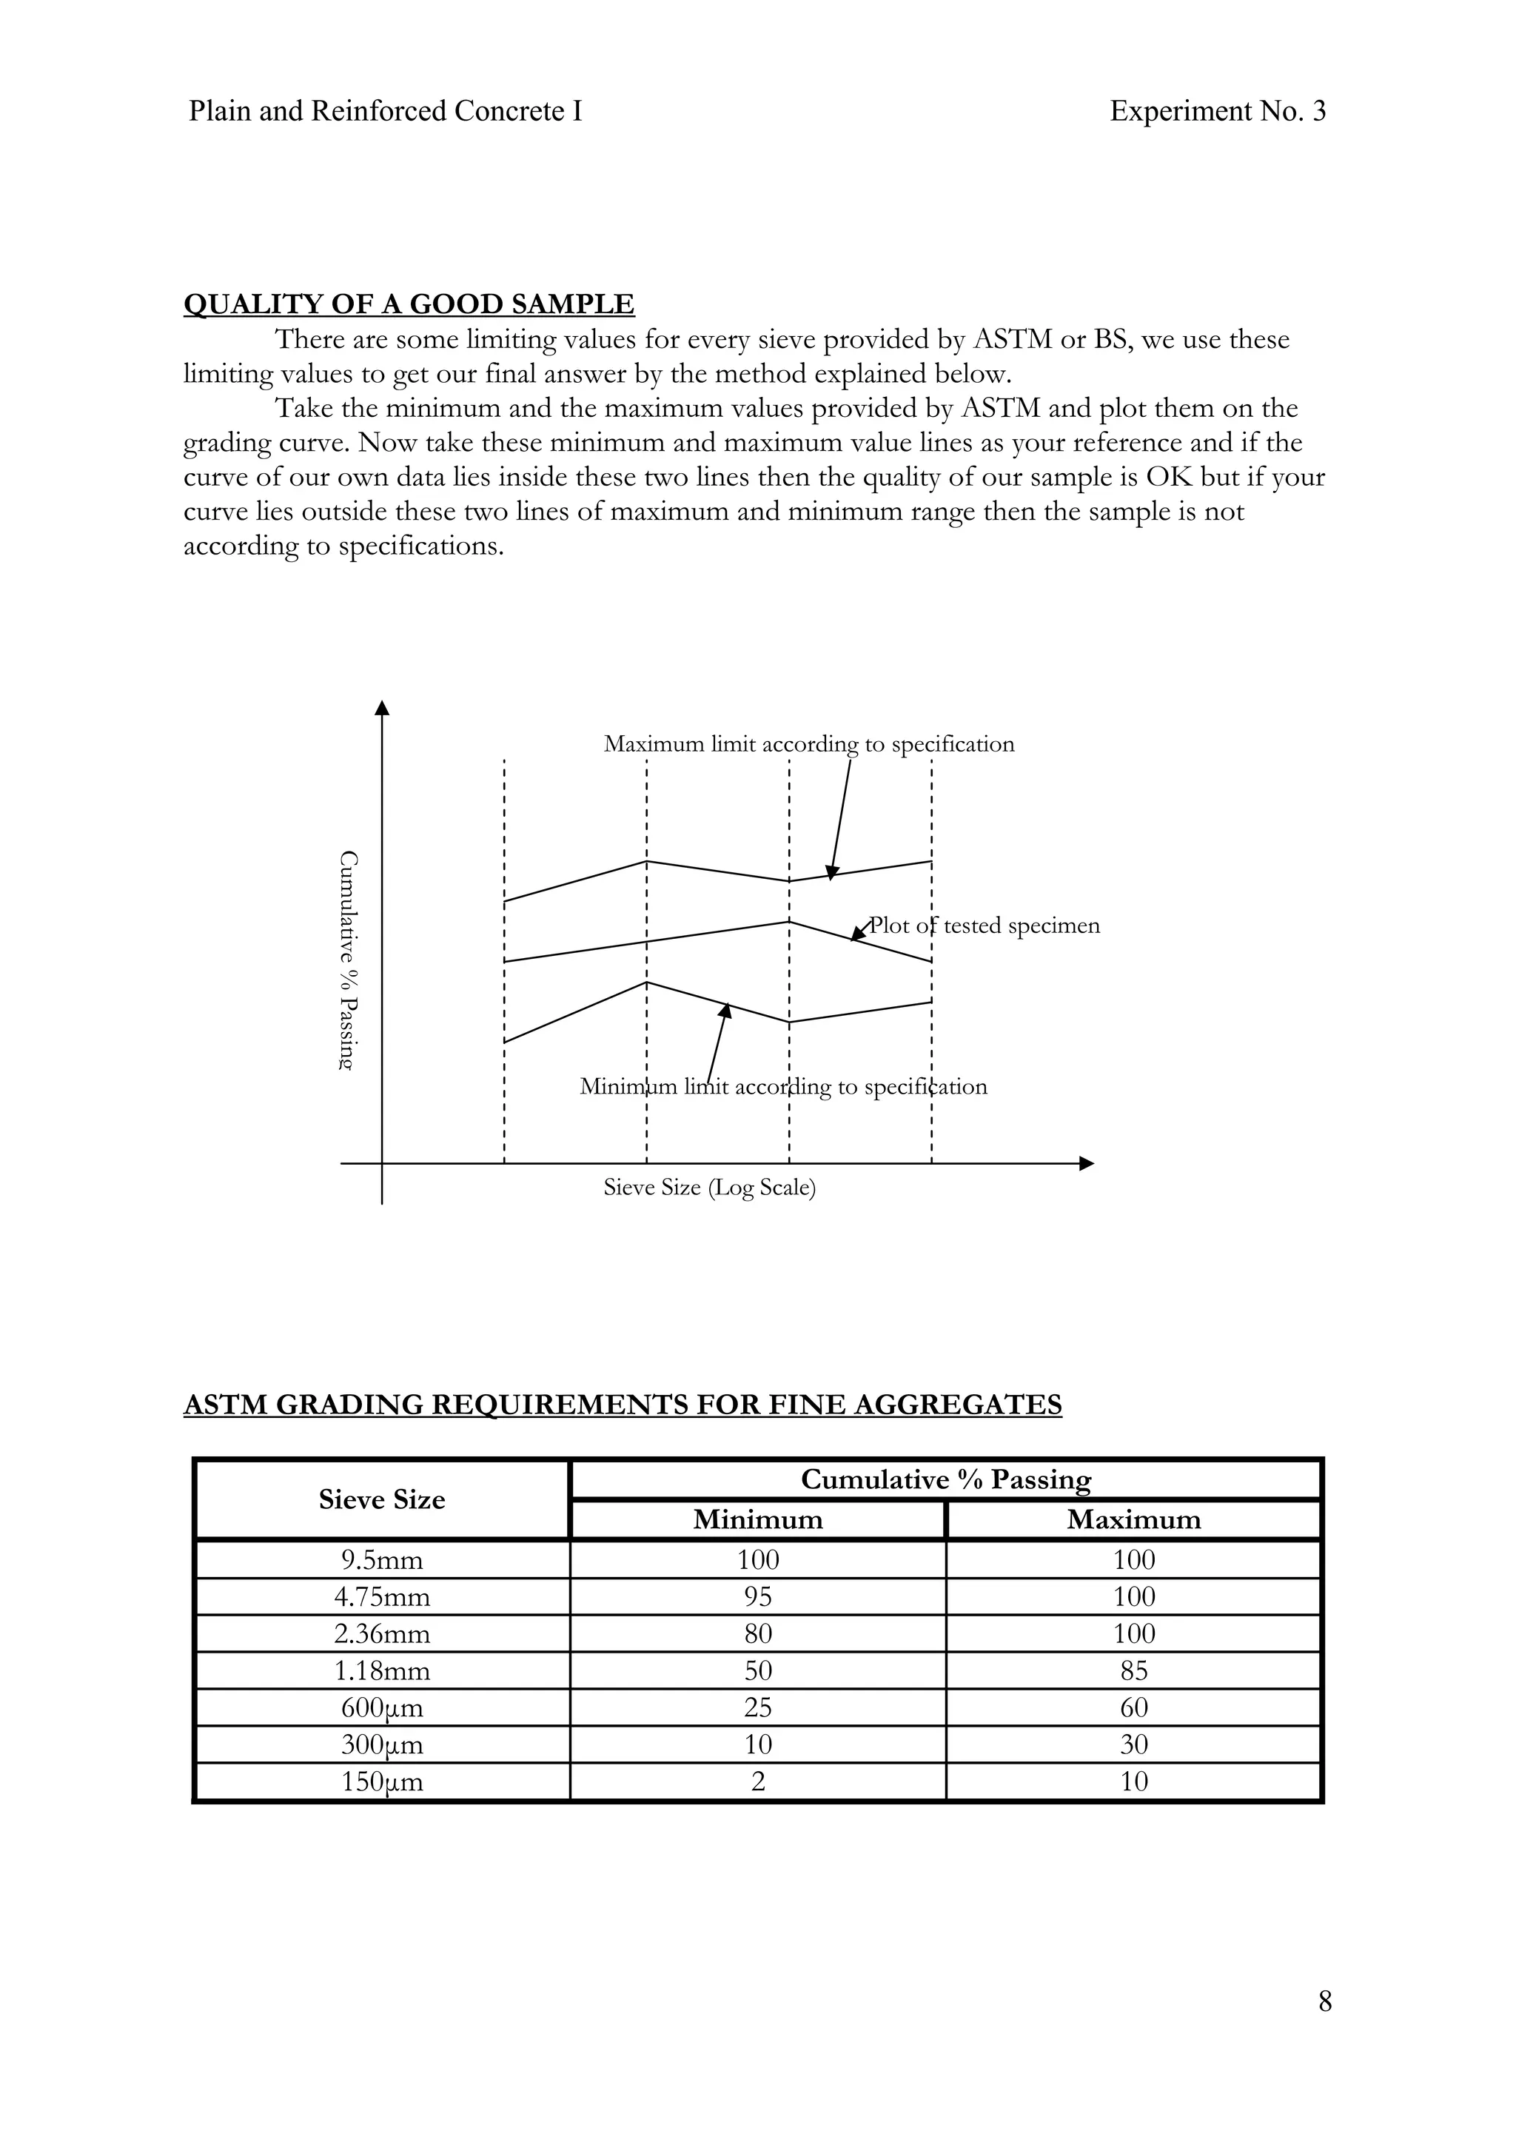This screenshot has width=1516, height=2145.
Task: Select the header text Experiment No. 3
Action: click(1217, 111)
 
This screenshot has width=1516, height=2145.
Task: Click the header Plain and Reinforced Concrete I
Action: click(385, 111)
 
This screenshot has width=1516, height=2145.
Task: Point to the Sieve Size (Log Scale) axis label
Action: click(709, 1188)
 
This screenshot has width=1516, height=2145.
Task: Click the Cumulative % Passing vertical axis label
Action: click(347, 960)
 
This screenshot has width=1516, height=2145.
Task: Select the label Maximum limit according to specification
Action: click(808, 745)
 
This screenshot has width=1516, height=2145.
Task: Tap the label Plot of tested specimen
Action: click(985, 926)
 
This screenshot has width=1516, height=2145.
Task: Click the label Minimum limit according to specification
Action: click(782, 1086)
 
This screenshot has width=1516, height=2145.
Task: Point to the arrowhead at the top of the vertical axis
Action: click(381, 707)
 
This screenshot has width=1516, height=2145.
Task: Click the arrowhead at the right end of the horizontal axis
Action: click(1085, 1163)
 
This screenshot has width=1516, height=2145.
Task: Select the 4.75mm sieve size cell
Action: click(382, 1598)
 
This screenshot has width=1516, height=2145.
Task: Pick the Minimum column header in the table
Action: click(757, 1520)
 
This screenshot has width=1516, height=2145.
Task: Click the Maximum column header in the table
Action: click(1133, 1520)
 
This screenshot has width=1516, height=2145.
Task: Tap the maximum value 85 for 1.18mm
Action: click(1133, 1671)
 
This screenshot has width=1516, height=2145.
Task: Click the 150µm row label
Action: click(382, 1781)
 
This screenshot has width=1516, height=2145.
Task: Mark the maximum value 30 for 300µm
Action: click(1133, 1745)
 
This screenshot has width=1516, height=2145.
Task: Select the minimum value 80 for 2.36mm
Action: click(757, 1634)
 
